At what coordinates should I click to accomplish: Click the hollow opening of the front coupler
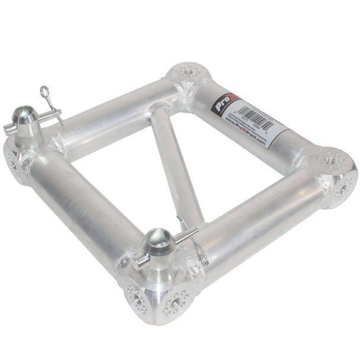[157, 234]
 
